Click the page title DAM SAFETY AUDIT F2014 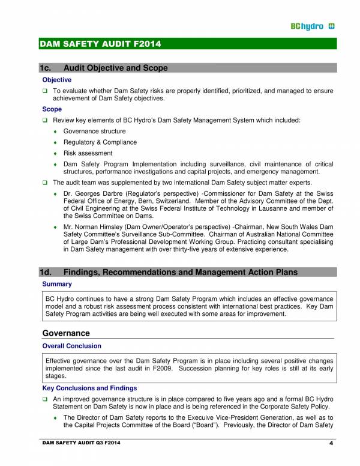coord(100,44)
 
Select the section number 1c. coord(47,68)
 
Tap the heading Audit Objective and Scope coord(115,68)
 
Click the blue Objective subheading coord(57,80)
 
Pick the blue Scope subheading coord(52,109)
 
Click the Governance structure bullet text coord(94,132)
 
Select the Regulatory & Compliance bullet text coord(100,142)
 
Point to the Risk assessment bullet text coord(88,153)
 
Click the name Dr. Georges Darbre coord(92,193)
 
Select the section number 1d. coord(47,272)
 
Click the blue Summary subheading coord(57,284)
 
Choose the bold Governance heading coord(66,333)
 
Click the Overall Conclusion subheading coord(71,346)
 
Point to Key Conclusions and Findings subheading coord(89,389)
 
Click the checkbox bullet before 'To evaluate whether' coord(45,91)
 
